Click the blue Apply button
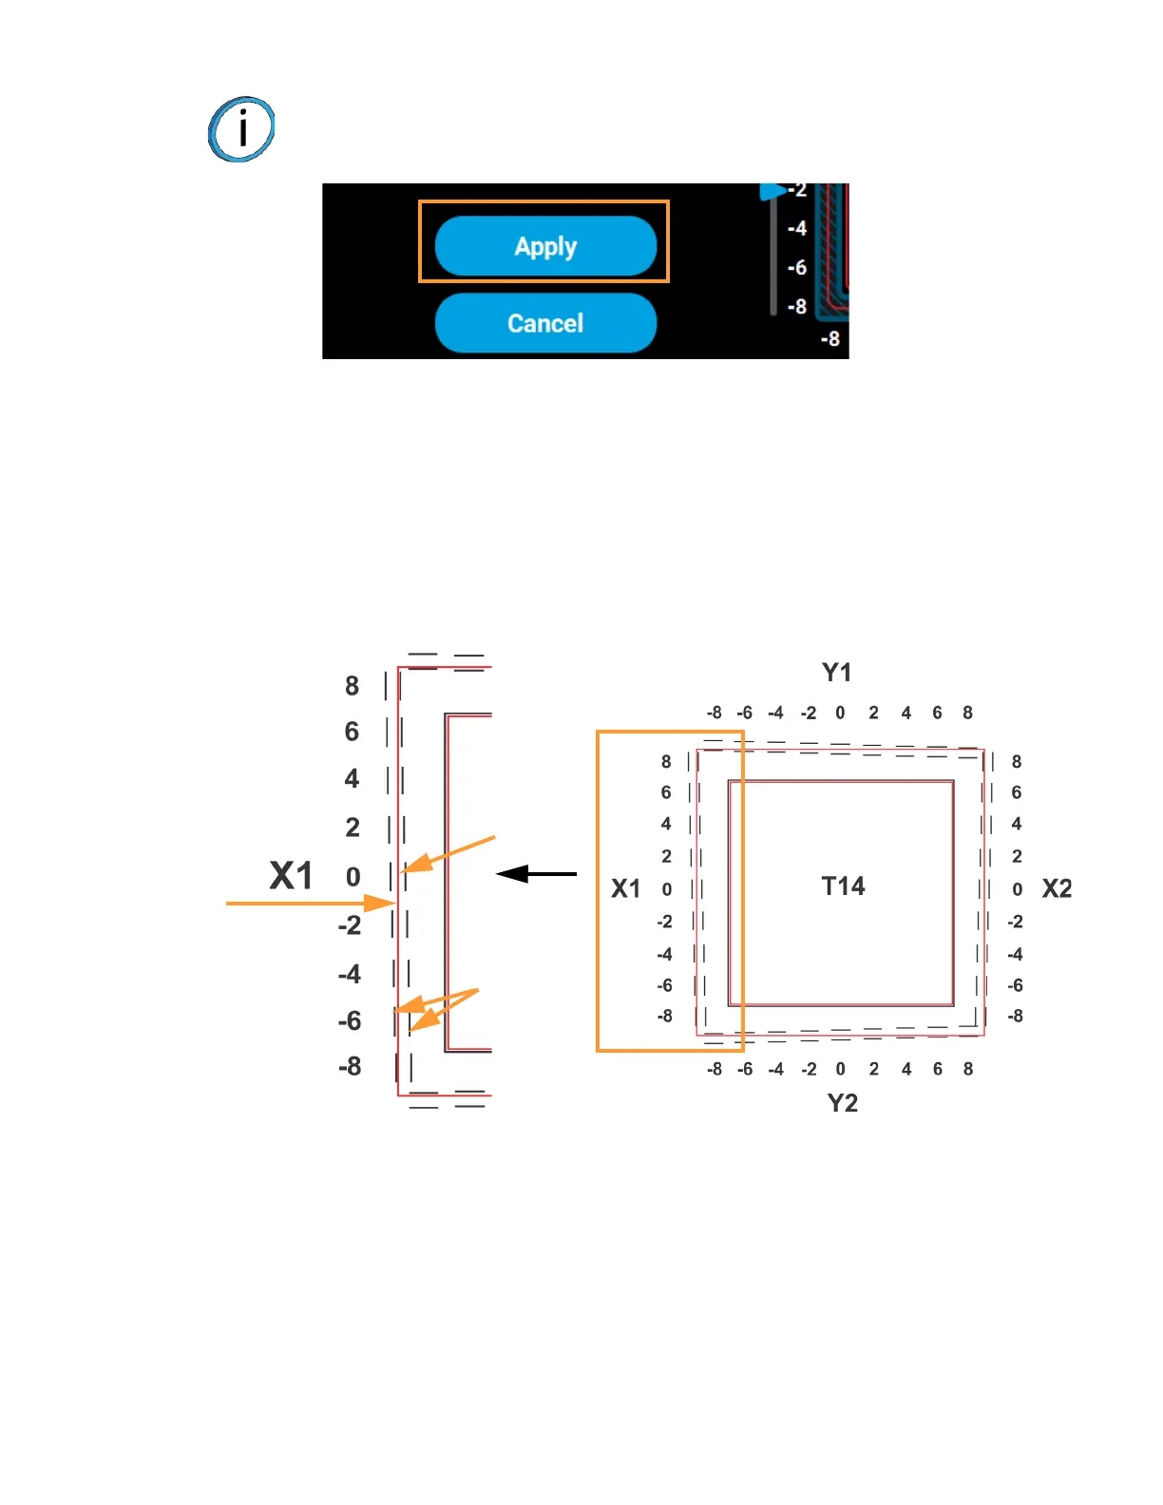click(545, 246)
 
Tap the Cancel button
click(545, 323)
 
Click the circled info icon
click(241, 129)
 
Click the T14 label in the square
click(843, 886)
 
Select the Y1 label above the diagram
click(836, 673)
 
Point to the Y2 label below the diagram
click(842, 1103)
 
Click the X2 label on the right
click(1057, 888)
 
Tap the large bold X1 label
click(291, 876)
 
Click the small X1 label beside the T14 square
click(625, 888)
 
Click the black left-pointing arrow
click(536, 873)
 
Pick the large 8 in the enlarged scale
click(352, 686)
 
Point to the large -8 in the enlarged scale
click(350, 1066)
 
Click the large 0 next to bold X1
click(353, 877)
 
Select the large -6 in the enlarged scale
click(350, 1021)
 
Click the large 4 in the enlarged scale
click(352, 779)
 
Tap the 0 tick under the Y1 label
click(840, 713)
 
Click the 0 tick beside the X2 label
click(1017, 889)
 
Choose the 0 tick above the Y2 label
click(840, 1069)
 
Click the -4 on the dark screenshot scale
click(796, 228)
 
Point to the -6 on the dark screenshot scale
click(796, 268)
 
